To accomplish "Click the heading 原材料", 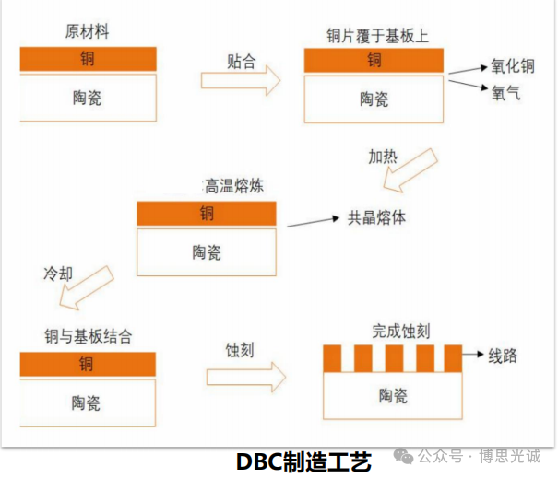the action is click(87, 31).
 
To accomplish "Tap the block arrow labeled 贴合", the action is click(241, 80).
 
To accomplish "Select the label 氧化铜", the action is click(513, 66).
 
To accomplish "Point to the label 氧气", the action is click(505, 93).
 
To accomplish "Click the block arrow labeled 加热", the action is click(410, 170).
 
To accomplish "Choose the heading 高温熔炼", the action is click(234, 186).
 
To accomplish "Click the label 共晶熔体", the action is click(376, 217).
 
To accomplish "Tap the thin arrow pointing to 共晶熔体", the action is click(314, 222).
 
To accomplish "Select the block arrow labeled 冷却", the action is click(87, 288).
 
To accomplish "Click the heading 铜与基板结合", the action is click(89, 336).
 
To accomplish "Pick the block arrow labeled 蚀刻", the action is click(246, 377).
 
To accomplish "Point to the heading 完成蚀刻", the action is click(401, 331).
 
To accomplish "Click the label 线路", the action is click(503, 356).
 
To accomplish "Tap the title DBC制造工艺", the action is click(303, 461).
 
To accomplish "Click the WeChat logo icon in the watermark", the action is click(403, 456).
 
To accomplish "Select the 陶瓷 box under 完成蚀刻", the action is click(393, 395).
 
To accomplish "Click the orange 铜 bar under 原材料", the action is click(88, 59).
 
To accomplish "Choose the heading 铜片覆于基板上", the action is click(377, 36).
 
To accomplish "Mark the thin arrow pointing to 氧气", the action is click(469, 85).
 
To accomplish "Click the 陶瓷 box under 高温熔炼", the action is click(207, 252).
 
